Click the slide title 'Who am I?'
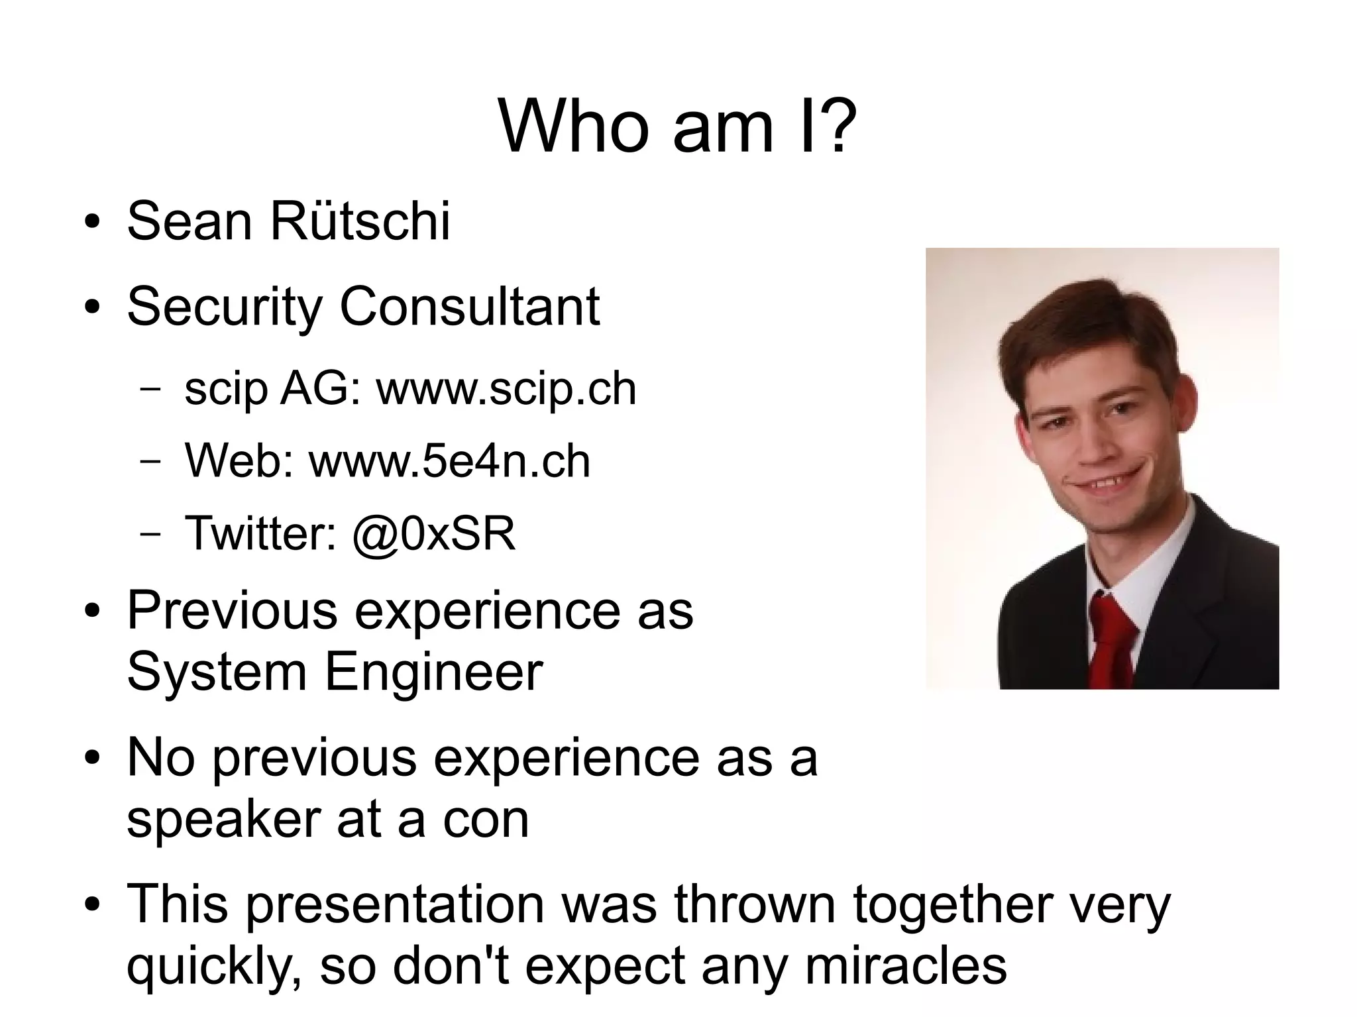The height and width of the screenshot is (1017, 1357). click(677, 126)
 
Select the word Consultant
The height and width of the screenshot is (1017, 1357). click(469, 307)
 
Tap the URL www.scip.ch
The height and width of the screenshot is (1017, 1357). click(506, 389)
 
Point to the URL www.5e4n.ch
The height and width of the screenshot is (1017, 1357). click(449, 461)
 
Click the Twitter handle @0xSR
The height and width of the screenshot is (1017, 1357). click(434, 533)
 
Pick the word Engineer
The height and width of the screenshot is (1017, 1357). click(433, 672)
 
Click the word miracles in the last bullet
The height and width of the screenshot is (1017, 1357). click(906, 965)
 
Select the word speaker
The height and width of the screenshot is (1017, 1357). click(224, 820)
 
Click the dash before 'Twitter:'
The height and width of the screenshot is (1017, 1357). click(150, 534)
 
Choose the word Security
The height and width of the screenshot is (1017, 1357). click(225, 307)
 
